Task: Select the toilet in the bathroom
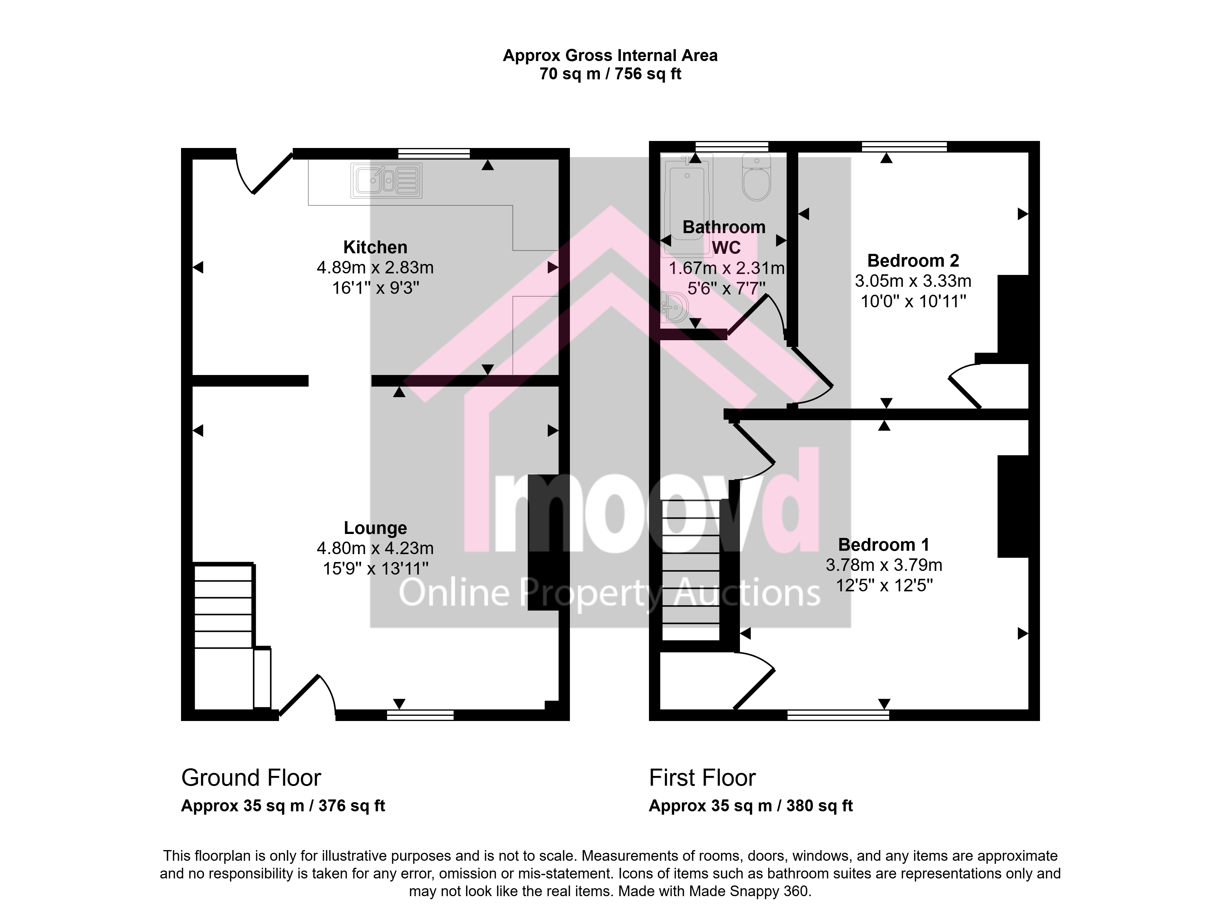pyautogui.click(x=756, y=177)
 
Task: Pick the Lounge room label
pyautogui.click(x=375, y=528)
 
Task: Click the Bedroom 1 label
pyautogui.click(x=884, y=545)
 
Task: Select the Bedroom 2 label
pyautogui.click(x=913, y=260)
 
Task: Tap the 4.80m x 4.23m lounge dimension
pyautogui.click(x=375, y=548)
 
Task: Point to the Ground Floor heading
pyautogui.click(x=251, y=778)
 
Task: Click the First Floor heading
pyautogui.click(x=702, y=778)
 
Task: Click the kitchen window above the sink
pyautogui.click(x=434, y=153)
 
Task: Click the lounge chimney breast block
pyautogui.click(x=544, y=542)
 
